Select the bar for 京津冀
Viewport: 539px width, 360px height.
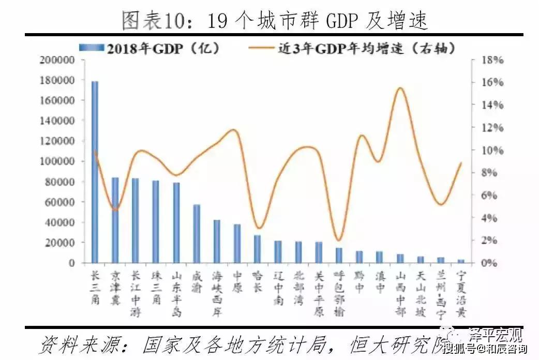point(115,220)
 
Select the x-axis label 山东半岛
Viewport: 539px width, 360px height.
point(176,293)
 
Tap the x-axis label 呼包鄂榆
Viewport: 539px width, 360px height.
point(339,293)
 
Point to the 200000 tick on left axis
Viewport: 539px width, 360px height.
point(57,60)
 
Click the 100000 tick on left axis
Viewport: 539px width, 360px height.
point(57,161)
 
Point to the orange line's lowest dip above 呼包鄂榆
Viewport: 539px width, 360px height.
point(338,240)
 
